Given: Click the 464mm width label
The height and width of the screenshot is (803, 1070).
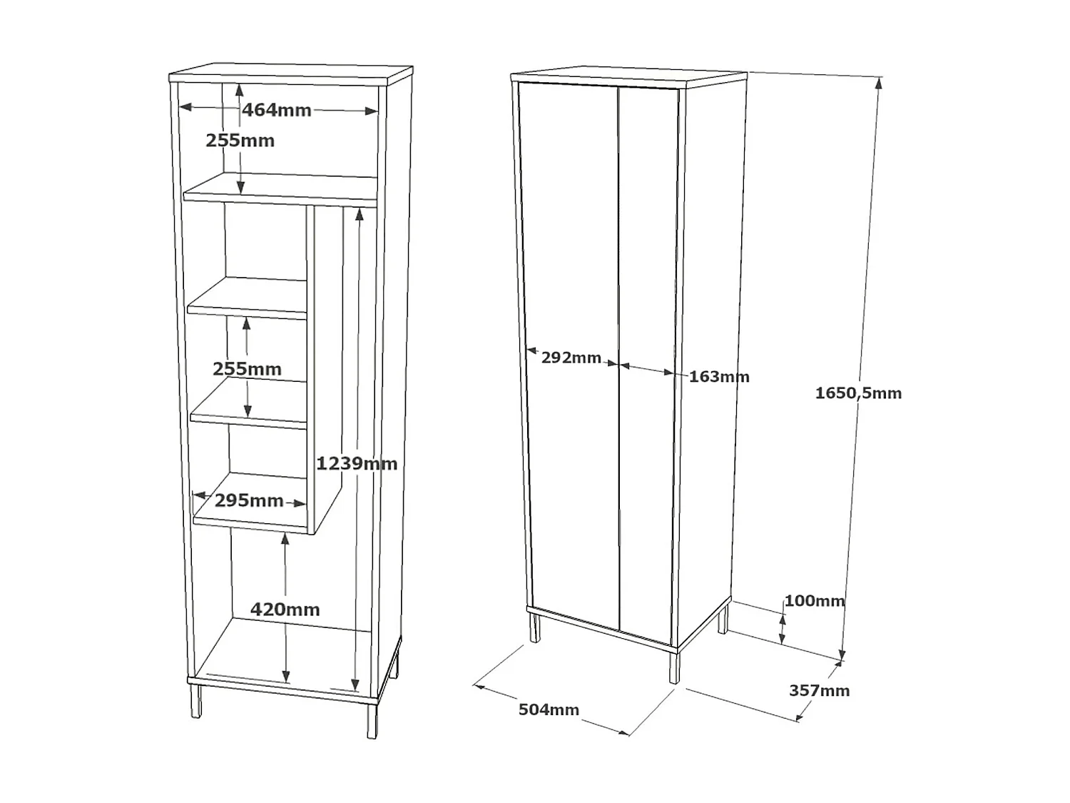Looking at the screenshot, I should click(276, 110).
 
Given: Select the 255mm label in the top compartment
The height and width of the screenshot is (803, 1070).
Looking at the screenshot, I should click(240, 141).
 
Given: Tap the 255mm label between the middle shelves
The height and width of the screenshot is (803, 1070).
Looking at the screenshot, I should click(247, 369).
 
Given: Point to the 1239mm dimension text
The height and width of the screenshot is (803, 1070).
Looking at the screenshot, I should click(356, 463).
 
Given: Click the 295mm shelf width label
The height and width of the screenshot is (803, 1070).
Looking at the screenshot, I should click(249, 500).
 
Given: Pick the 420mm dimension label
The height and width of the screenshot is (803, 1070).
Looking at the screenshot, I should click(285, 610).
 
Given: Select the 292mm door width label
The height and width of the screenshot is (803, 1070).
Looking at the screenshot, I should click(571, 358).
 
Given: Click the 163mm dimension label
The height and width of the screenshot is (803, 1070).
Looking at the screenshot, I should click(719, 377).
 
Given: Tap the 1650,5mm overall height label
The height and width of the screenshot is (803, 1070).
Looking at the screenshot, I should click(858, 393).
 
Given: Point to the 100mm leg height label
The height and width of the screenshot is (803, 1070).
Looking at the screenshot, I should click(814, 601).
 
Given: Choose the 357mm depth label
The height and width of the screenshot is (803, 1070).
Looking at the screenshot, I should click(819, 691).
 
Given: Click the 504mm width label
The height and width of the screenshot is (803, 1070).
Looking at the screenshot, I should click(549, 709).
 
